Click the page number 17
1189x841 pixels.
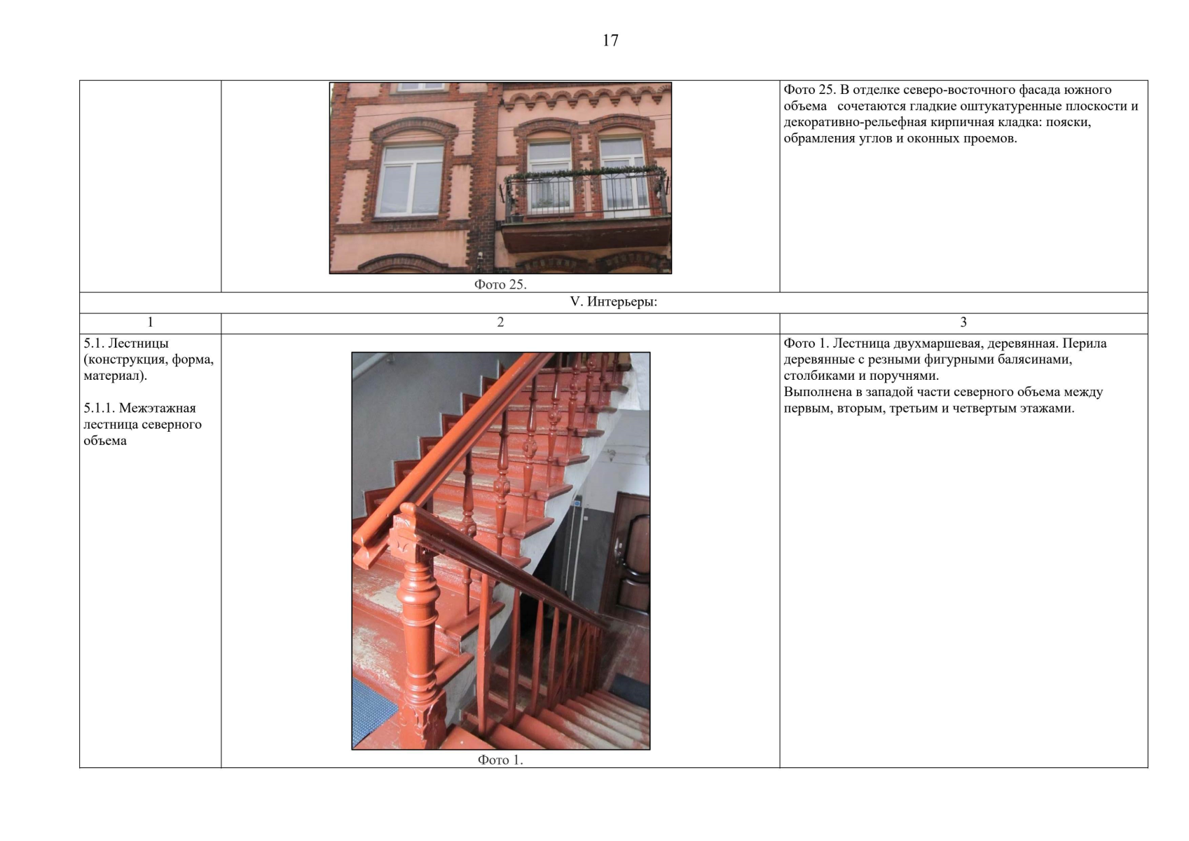610,41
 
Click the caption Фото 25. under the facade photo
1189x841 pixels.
500,285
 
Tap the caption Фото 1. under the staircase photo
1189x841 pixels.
500,760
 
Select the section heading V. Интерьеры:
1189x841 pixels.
613,302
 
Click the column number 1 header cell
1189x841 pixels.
150,322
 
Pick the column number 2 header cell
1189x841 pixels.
500,322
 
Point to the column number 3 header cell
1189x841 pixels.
963,322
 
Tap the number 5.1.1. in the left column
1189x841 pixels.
99,409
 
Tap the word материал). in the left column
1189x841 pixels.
115,376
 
